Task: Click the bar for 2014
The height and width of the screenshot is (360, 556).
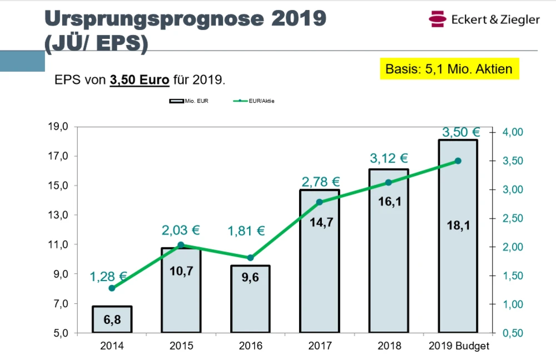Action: (x=112, y=319)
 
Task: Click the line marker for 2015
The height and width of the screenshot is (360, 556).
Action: (x=181, y=245)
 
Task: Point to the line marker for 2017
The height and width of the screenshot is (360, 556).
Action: (x=319, y=202)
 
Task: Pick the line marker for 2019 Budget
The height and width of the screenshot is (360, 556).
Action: (x=458, y=161)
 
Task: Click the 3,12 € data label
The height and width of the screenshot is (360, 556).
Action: (x=389, y=159)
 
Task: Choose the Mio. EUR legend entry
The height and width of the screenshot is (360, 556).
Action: (x=189, y=101)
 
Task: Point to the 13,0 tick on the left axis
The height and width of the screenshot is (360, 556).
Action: (x=58, y=215)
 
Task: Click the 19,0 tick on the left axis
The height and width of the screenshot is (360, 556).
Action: (x=58, y=127)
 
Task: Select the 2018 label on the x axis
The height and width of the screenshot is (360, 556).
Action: (x=389, y=346)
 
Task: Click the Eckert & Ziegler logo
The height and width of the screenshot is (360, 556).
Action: (x=484, y=19)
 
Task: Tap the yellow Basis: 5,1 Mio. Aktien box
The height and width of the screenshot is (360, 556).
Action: (x=449, y=69)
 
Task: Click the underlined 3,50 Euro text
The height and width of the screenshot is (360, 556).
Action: (x=140, y=80)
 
